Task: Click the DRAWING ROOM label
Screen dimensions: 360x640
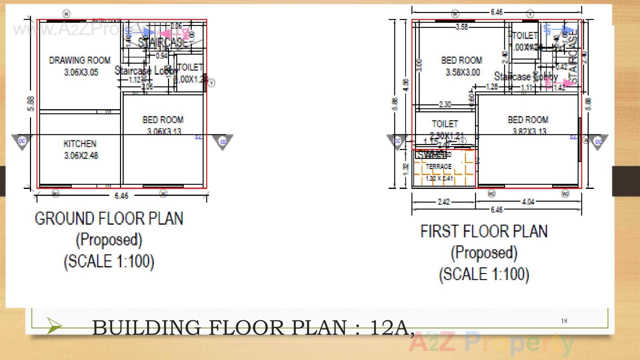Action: click(80, 60)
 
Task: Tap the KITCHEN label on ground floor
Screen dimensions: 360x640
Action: click(80, 144)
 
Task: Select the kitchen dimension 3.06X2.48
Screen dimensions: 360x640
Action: click(81, 156)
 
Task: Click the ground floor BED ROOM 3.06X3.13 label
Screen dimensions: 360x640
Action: click(163, 120)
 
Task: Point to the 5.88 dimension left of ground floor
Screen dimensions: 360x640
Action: click(31, 104)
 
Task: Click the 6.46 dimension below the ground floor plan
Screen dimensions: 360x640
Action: click(121, 196)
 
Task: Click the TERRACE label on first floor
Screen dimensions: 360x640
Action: click(439, 167)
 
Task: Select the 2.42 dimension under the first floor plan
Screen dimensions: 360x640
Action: click(444, 202)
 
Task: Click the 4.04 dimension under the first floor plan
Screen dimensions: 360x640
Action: click(528, 202)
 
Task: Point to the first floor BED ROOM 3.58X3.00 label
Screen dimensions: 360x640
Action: click(462, 61)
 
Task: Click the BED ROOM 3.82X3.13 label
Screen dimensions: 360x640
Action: click(528, 120)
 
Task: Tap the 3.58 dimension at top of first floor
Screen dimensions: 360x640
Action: click(462, 27)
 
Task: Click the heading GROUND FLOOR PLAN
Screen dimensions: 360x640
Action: click(109, 219)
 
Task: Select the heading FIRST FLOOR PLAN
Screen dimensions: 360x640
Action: click(484, 231)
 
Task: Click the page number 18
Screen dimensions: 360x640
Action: click(564, 321)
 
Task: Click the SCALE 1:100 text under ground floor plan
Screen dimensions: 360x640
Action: click(109, 261)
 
